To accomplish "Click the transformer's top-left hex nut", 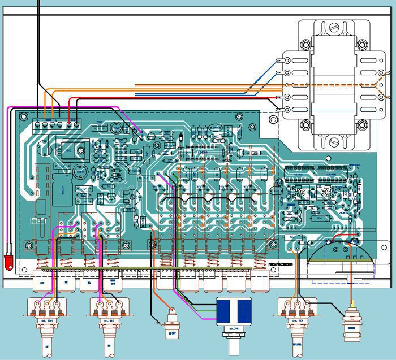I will [x=306, y=43].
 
